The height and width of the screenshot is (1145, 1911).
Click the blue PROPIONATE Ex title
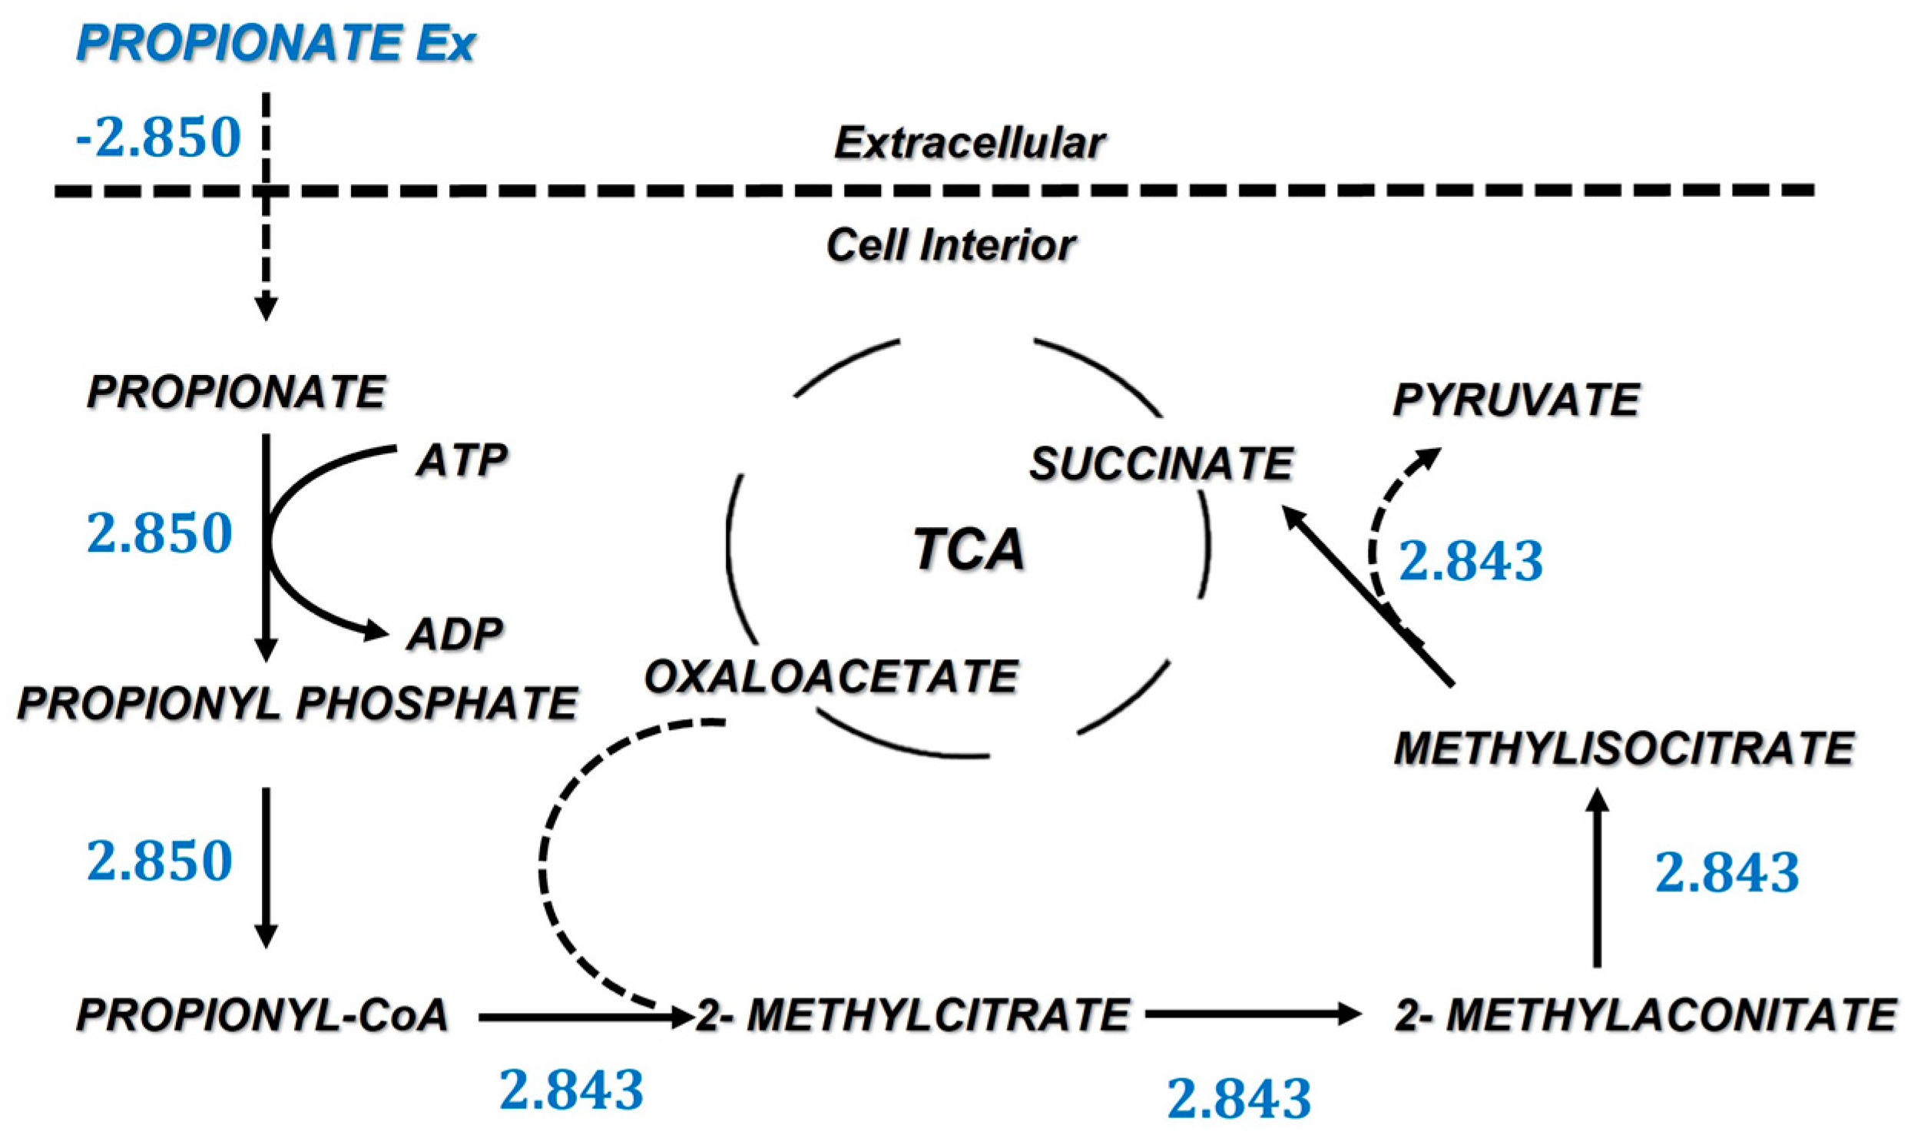275,44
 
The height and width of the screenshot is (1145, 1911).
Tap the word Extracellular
969,144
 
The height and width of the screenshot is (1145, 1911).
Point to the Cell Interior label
950,245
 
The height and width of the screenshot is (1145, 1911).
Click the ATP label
461,460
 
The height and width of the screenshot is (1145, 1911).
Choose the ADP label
455,634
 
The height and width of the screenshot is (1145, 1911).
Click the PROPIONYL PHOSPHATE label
297,704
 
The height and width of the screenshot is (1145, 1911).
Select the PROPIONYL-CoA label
262,1015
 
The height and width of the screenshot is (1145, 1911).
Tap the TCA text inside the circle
969,549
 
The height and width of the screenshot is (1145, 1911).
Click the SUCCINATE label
1161,464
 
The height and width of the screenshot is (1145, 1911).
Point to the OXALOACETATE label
831,677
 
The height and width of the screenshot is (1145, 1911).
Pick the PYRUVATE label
1516,400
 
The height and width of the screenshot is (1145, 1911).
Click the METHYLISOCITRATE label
1624,748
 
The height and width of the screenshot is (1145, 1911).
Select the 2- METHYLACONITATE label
1646,1015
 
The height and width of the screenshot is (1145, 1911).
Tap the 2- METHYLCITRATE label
913,1015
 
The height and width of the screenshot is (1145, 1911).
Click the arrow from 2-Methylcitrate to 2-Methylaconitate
1253,1014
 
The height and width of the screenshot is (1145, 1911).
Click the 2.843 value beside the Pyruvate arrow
1471,561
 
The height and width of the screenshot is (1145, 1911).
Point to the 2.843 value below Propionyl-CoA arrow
571,1091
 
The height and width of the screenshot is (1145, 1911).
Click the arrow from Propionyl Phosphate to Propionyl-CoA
266,868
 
